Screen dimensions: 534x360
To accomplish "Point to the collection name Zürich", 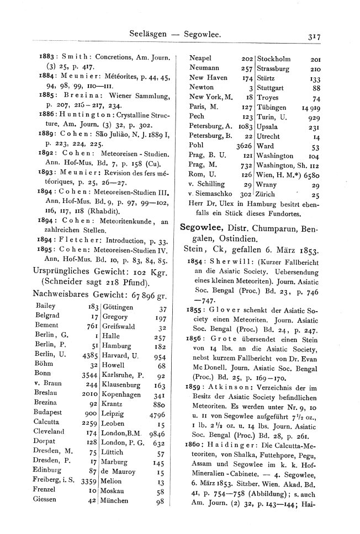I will click(269, 194).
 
